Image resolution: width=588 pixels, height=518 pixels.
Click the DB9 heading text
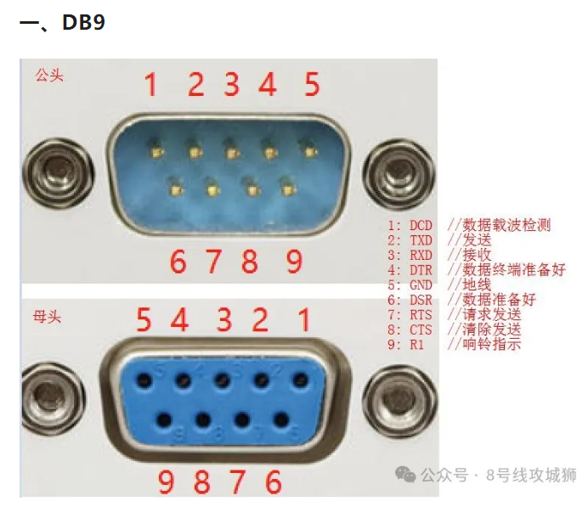[x=83, y=22]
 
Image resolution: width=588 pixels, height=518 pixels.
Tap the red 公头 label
[x=49, y=76]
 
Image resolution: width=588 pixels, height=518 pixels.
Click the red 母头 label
[x=47, y=317]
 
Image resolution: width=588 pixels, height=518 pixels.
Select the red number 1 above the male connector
[x=150, y=84]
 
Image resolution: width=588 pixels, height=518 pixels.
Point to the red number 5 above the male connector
[x=312, y=84]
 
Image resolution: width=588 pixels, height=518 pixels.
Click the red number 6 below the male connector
[x=178, y=262]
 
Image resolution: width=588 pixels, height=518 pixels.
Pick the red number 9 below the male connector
[x=294, y=262]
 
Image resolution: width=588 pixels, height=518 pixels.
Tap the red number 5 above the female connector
[x=144, y=320]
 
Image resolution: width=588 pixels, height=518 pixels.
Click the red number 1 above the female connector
[x=304, y=320]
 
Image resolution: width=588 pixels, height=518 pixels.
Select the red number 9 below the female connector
[x=166, y=481]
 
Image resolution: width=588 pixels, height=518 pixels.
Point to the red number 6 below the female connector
[x=274, y=481]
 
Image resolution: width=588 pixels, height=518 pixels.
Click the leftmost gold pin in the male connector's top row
[x=156, y=152]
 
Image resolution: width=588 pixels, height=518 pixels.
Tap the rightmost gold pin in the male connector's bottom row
[x=287, y=190]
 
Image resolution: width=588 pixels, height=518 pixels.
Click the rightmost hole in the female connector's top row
[x=300, y=380]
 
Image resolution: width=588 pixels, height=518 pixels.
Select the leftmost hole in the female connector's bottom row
[x=164, y=419]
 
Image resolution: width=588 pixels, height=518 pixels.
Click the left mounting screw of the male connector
[x=58, y=173]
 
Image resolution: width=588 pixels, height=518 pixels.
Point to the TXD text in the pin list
[x=421, y=240]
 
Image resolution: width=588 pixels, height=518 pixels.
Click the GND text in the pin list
[x=421, y=284]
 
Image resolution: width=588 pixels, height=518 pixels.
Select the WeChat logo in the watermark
[x=405, y=475]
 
